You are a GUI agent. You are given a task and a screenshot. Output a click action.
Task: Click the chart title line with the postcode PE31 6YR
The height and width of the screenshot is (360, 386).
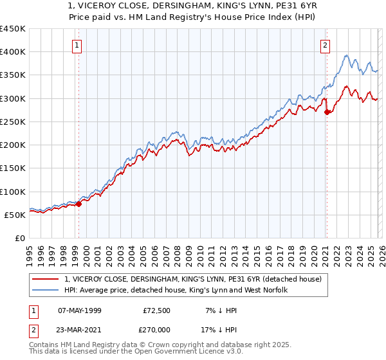click(192, 6)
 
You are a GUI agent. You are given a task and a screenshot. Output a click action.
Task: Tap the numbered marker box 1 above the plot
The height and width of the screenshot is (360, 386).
click(77, 45)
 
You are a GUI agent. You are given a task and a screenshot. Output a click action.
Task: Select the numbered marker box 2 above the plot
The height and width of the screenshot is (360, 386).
click(326, 45)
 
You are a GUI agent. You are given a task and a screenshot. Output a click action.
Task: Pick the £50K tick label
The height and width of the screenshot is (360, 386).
click(15, 215)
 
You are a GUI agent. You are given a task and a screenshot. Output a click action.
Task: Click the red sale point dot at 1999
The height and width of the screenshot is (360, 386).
click(78, 204)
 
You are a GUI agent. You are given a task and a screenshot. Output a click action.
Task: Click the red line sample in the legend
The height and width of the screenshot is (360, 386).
click(46, 279)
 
